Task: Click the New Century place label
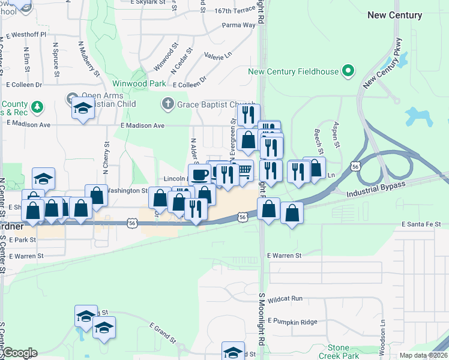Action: (394, 15)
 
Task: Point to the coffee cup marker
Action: (199, 174)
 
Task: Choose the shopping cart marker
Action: (244, 171)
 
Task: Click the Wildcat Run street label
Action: (285, 298)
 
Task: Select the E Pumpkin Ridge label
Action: (292, 322)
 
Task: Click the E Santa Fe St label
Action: (425, 224)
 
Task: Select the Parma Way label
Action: (238, 25)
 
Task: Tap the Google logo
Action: (19, 353)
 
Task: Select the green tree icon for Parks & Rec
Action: (37, 107)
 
